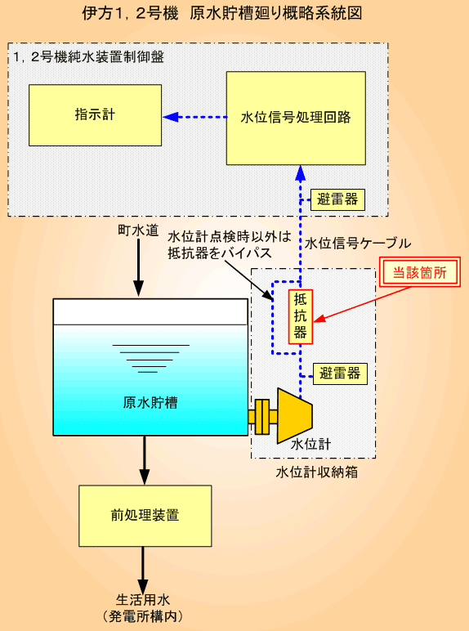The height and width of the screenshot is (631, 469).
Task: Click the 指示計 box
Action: pos(95,115)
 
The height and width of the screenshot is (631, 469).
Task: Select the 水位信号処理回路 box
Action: pos(296,118)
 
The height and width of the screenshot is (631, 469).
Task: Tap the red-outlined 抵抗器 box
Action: pos(301,316)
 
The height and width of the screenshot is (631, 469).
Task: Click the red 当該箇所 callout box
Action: pos(419,272)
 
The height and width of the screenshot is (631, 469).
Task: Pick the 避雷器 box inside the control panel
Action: pos(337,199)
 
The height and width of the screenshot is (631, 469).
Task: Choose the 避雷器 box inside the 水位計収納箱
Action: pos(340,374)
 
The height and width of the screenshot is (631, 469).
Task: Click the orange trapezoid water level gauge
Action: pos(295,416)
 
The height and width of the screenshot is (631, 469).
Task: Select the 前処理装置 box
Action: pos(145,516)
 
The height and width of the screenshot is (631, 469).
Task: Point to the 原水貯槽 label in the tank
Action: pos(150,403)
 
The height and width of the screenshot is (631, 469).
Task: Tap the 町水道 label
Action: pos(138,230)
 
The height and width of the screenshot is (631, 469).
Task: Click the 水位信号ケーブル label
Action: pos(358,243)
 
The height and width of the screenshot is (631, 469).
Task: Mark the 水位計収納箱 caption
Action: pos(317,472)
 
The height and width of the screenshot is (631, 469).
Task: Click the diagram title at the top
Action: pos(222,13)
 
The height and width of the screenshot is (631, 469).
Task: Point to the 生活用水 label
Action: pos(143,600)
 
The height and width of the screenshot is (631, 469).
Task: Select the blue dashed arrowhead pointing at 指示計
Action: pos(171,117)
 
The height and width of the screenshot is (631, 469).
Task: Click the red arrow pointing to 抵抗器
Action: pos(361,305)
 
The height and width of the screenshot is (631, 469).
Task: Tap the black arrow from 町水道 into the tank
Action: pos(138,267)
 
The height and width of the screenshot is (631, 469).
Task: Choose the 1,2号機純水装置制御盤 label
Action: pos(88,56)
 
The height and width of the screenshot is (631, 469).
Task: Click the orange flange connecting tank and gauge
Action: pos(262,417)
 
